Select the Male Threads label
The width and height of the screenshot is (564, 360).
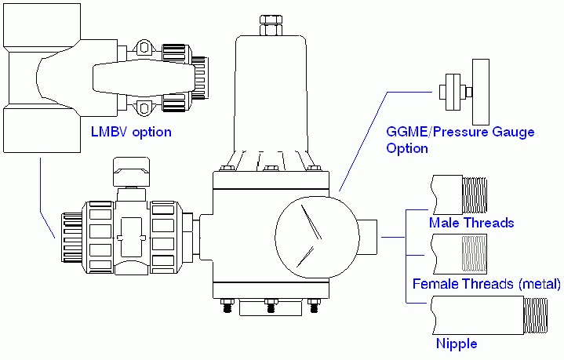click(x=471, y=223)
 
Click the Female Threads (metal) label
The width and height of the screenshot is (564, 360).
click(x=487, y=283)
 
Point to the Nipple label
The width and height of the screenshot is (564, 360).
click(x=457, y=344)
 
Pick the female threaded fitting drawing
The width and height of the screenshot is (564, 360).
click(x=464, y=253)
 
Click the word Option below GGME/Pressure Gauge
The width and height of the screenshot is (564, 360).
click(x=407, y=148)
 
